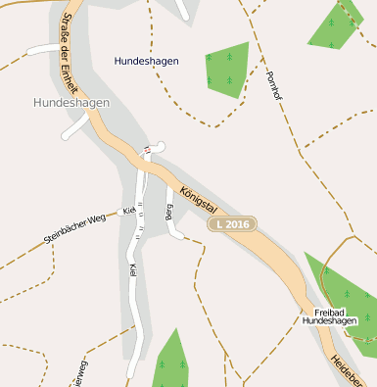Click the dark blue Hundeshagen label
(146, 61)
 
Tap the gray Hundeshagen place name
(71, 102)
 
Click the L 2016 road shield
(231, 225)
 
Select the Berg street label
(170, 213)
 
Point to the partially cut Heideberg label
(347, 370)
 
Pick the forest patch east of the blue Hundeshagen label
(225, 69)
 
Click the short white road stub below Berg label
(176, 233)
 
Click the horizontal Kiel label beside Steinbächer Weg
(128, 211)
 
